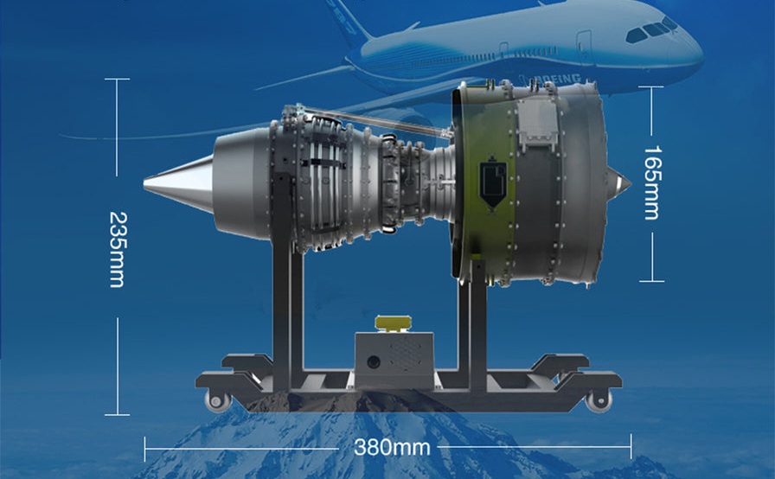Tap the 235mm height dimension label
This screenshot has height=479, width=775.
click(116, 250)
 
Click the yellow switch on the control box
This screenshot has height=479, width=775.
click(391, 323)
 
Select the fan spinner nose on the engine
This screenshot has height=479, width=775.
click(620, 182)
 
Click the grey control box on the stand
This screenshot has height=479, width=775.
click(392, 359)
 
